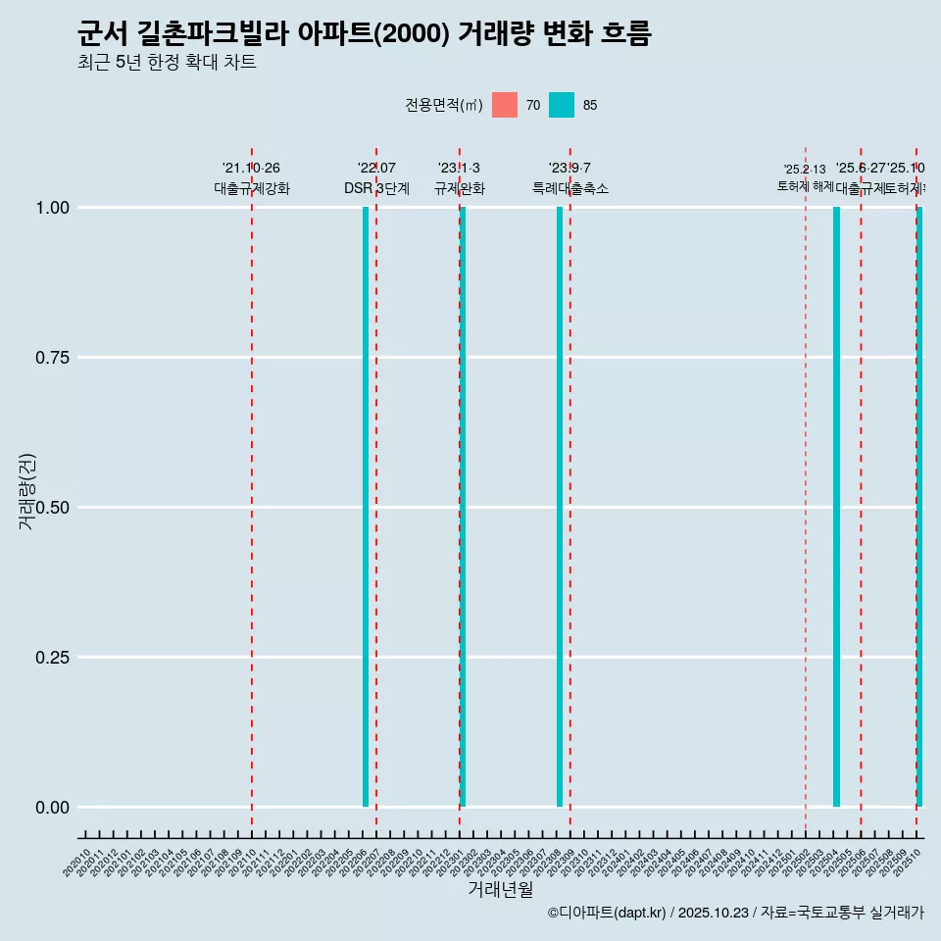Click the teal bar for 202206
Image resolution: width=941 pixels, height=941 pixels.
[x=366, y=507]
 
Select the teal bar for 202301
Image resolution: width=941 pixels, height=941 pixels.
[x=463, y=507]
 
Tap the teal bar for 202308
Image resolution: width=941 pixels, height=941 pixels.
[x=560, y=507]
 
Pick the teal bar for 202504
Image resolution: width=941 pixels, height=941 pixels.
[x=836, y=507]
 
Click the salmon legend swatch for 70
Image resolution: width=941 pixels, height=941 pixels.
[x=505, y=105]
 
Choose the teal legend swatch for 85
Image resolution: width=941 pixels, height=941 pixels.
[x=562, y=105]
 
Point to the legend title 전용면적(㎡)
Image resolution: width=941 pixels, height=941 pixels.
[x=443, y=105]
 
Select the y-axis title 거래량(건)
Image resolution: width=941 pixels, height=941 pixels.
[x=27, y=491]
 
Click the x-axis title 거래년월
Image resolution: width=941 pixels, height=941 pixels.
[x=500, y=889]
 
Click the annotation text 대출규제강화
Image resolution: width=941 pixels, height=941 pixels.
[x=252, y=188]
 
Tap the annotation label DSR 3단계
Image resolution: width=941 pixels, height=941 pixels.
[x=376, y=188]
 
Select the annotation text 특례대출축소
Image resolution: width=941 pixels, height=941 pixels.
[x=570, y=188]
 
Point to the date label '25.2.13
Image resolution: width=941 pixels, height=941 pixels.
[x=805, y=170]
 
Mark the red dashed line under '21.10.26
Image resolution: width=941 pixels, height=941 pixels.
[x=252, y=490]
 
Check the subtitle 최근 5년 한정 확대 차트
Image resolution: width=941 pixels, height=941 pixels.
[x=167, y=63]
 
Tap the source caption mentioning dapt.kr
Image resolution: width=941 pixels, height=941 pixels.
[x=735, y=913]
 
